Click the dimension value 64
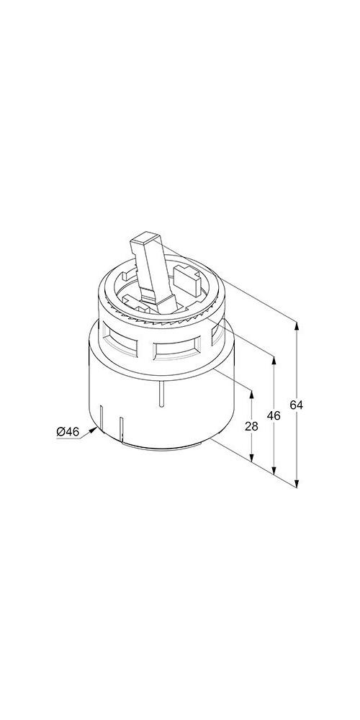click(297, 405)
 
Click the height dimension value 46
click(274, 415)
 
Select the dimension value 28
click(251, 426)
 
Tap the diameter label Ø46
click(68, 431)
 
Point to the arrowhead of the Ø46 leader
click(94, 430)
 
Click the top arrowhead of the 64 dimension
click(297, 326)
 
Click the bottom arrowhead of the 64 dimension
click(297, 482)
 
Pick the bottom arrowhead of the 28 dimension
click(251, 457)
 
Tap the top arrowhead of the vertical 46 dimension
click(274, 361)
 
